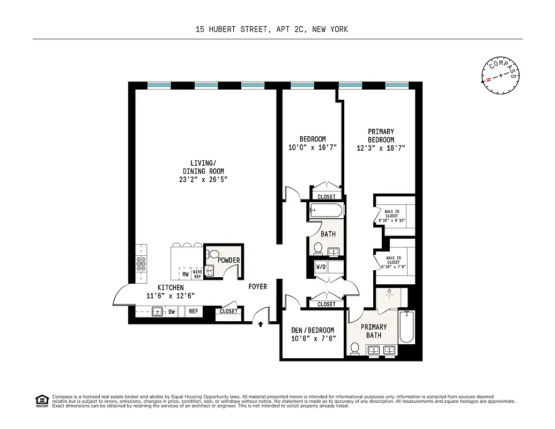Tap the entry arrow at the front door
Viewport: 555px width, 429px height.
261,324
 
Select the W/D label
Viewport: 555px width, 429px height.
321,267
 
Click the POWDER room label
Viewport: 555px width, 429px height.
228,261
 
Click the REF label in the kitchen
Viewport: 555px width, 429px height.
193,311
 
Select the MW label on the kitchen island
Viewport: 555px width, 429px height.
185,275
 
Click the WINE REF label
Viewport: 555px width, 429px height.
197,274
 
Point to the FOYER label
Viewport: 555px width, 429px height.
257,287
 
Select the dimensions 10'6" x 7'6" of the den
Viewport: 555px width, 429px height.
312,339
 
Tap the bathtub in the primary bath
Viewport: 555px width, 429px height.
406,327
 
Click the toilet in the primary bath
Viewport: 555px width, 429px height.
354,349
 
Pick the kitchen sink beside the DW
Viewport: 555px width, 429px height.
157,311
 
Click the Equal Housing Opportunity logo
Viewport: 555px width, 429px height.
41,401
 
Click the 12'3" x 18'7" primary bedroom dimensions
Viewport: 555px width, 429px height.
381,148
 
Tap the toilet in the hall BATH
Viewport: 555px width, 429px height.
317,248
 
